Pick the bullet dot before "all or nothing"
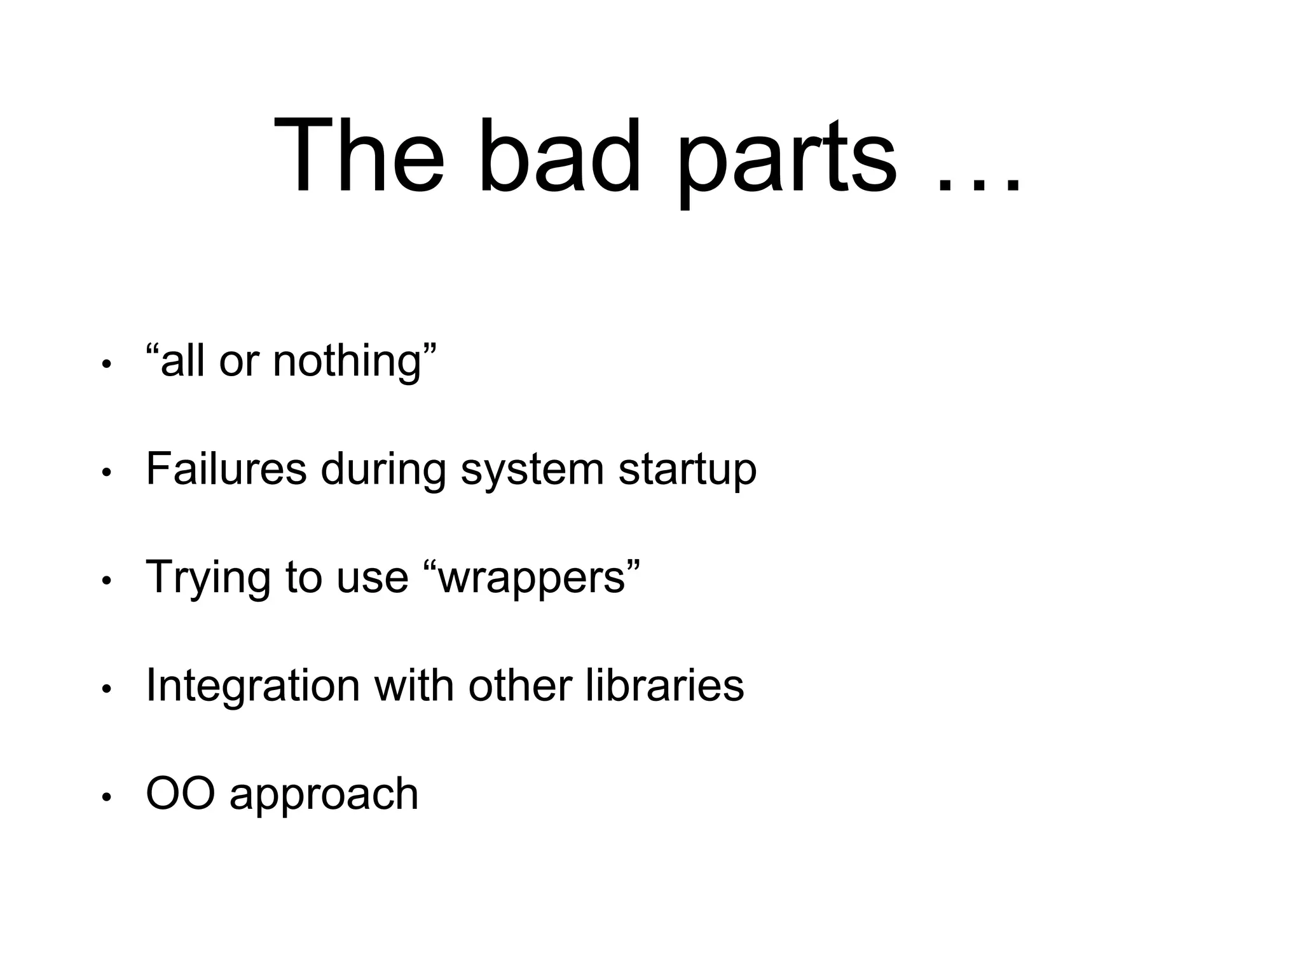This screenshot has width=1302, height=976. (107, 365)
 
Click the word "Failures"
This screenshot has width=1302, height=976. (226, 469)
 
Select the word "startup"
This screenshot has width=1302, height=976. (687, 471)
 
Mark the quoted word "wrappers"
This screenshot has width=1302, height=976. (531, 578)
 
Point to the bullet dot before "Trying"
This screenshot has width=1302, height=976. (107, 581)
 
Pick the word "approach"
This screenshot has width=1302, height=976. (324, 796)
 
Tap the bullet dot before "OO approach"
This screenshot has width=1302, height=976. (107, 797)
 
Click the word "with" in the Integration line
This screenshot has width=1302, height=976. (413, 685)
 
